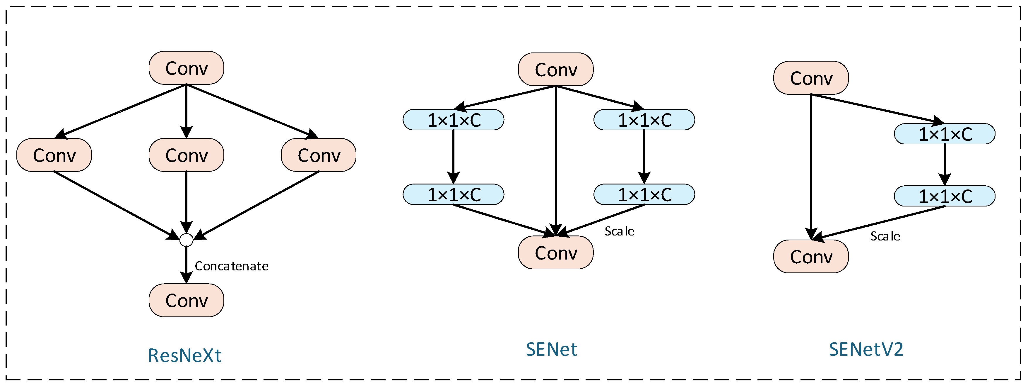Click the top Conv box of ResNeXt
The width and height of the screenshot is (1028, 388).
coord(187,68)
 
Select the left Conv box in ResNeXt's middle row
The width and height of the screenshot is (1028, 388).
coord(54,155)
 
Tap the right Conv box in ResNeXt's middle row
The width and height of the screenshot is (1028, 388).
coord(319,155)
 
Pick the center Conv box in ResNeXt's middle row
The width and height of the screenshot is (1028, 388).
coord(187,155)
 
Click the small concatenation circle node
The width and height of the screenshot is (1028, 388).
coord(187,240)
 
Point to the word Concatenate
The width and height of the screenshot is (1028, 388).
coord(232,266)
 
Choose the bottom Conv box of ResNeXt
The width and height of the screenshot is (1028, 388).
coord(187,301)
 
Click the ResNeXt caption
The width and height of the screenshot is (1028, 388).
coord(184,355)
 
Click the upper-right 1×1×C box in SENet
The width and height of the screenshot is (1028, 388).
coord(644,120)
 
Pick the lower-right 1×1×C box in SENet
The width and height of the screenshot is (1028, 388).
coord(644,195)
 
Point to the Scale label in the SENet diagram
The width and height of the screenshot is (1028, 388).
coord(619,231)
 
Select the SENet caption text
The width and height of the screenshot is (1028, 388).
coord(552,349)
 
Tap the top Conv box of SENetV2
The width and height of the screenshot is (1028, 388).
coord(811,78)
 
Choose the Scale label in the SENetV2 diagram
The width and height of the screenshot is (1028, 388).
coord(885,236)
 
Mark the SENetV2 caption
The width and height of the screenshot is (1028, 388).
coord(866,349)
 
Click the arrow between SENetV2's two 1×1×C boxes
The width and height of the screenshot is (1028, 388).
coord(945,164)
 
